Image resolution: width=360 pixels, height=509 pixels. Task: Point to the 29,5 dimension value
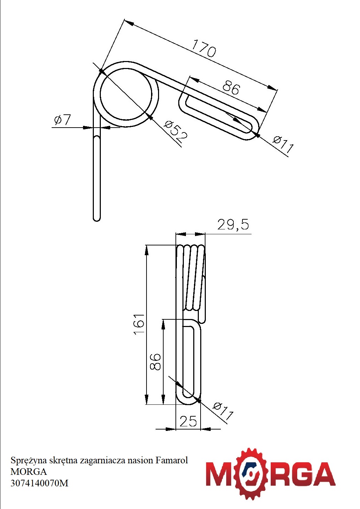click(x=233, y=224)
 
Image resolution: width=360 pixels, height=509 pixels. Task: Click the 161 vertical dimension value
click(x=139, y=324)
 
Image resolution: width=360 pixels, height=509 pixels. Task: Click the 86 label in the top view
click(x=231, y=88)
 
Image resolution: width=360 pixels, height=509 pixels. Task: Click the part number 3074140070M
click(x=39, y=483)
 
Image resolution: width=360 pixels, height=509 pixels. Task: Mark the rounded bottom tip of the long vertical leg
click(x=97, y=220)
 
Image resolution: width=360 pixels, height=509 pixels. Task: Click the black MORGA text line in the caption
click(x=29, y=472)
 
